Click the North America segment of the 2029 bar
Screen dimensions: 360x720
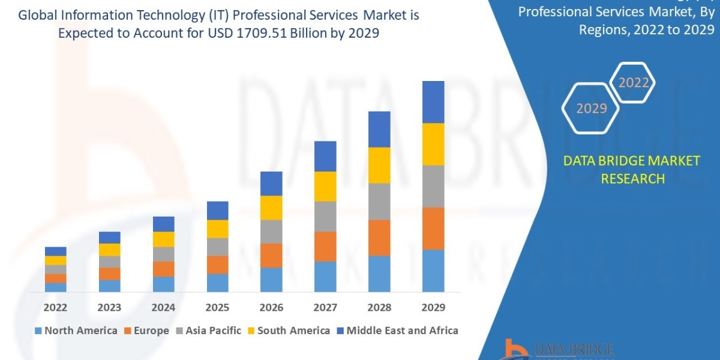(x=433, y=271)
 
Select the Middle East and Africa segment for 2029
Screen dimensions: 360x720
(x=433, y=102)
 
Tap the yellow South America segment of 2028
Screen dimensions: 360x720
(x=379, y=165)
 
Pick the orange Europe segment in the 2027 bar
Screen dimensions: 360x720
(x=325, y=246)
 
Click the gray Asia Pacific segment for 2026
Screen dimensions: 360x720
(x=271, y=231)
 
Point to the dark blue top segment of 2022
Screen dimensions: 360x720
(x=56, y=251)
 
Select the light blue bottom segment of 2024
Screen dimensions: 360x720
(x=163, y=284)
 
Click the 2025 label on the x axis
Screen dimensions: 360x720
(x=217, y=308)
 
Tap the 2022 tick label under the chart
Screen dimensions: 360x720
(x=56, y=308)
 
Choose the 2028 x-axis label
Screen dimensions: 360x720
(x=379, y=308)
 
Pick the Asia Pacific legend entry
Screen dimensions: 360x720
(x=208, y=331)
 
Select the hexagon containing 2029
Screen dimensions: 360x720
(x=592, y=109)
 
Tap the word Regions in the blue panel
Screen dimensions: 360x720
(x=602, y=30)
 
